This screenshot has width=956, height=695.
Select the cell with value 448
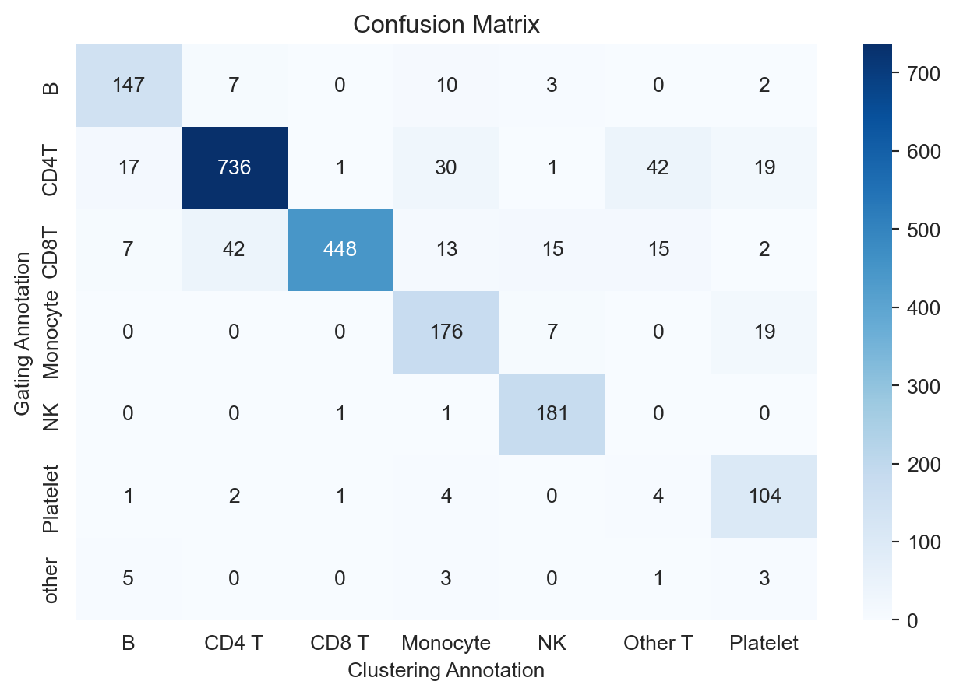point(340,249)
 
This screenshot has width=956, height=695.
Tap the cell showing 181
point(552,414)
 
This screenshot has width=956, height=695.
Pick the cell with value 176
point(446,332)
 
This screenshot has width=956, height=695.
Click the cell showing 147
point(129,85)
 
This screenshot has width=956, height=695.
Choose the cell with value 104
point(764,496)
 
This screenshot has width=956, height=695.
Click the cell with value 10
point(446,85)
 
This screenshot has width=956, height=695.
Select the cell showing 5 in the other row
point(129,578)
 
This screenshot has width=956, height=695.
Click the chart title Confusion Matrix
point(446,25)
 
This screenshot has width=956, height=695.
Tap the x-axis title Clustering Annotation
point(446,670)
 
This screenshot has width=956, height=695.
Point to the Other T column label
point(658,644)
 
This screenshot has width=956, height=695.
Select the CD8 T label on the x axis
point(340,644)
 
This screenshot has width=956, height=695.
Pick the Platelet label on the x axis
point(764,644)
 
